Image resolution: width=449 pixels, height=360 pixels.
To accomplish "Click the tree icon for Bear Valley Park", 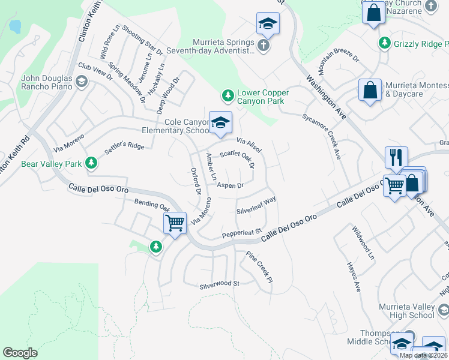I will [x=91, y=163].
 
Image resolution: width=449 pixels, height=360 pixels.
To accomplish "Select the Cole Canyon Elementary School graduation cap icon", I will [x=220, y=122].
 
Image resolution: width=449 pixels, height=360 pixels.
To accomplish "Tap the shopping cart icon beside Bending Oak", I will [x=175, y=223].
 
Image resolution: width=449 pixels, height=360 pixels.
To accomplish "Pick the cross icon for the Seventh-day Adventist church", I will [x=263, y=46].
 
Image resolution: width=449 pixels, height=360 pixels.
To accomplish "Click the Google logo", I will [x=20, y=352].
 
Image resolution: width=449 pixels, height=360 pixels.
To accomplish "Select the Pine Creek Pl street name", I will [x=259, y=267].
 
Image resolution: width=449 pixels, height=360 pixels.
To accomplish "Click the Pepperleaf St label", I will [x=243, y=232].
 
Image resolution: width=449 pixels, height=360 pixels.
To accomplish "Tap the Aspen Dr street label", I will [x=230, y=185].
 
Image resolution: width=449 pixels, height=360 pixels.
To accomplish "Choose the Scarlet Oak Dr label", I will [x=238, y=158].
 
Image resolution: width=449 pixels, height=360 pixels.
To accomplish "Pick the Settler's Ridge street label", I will [x=125, y=146].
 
